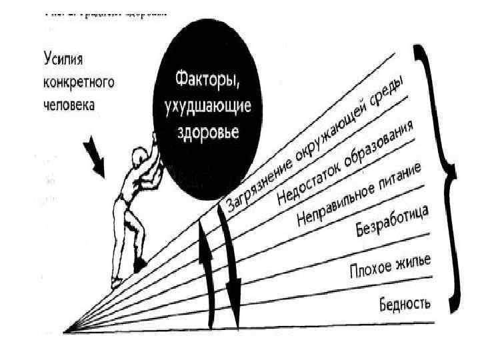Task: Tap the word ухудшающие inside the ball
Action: [205, 109]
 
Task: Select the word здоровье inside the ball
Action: [205, 129]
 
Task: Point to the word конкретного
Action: [77, 83]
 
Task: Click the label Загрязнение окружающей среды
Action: [314, 151]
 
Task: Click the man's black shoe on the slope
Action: [140, 264]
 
